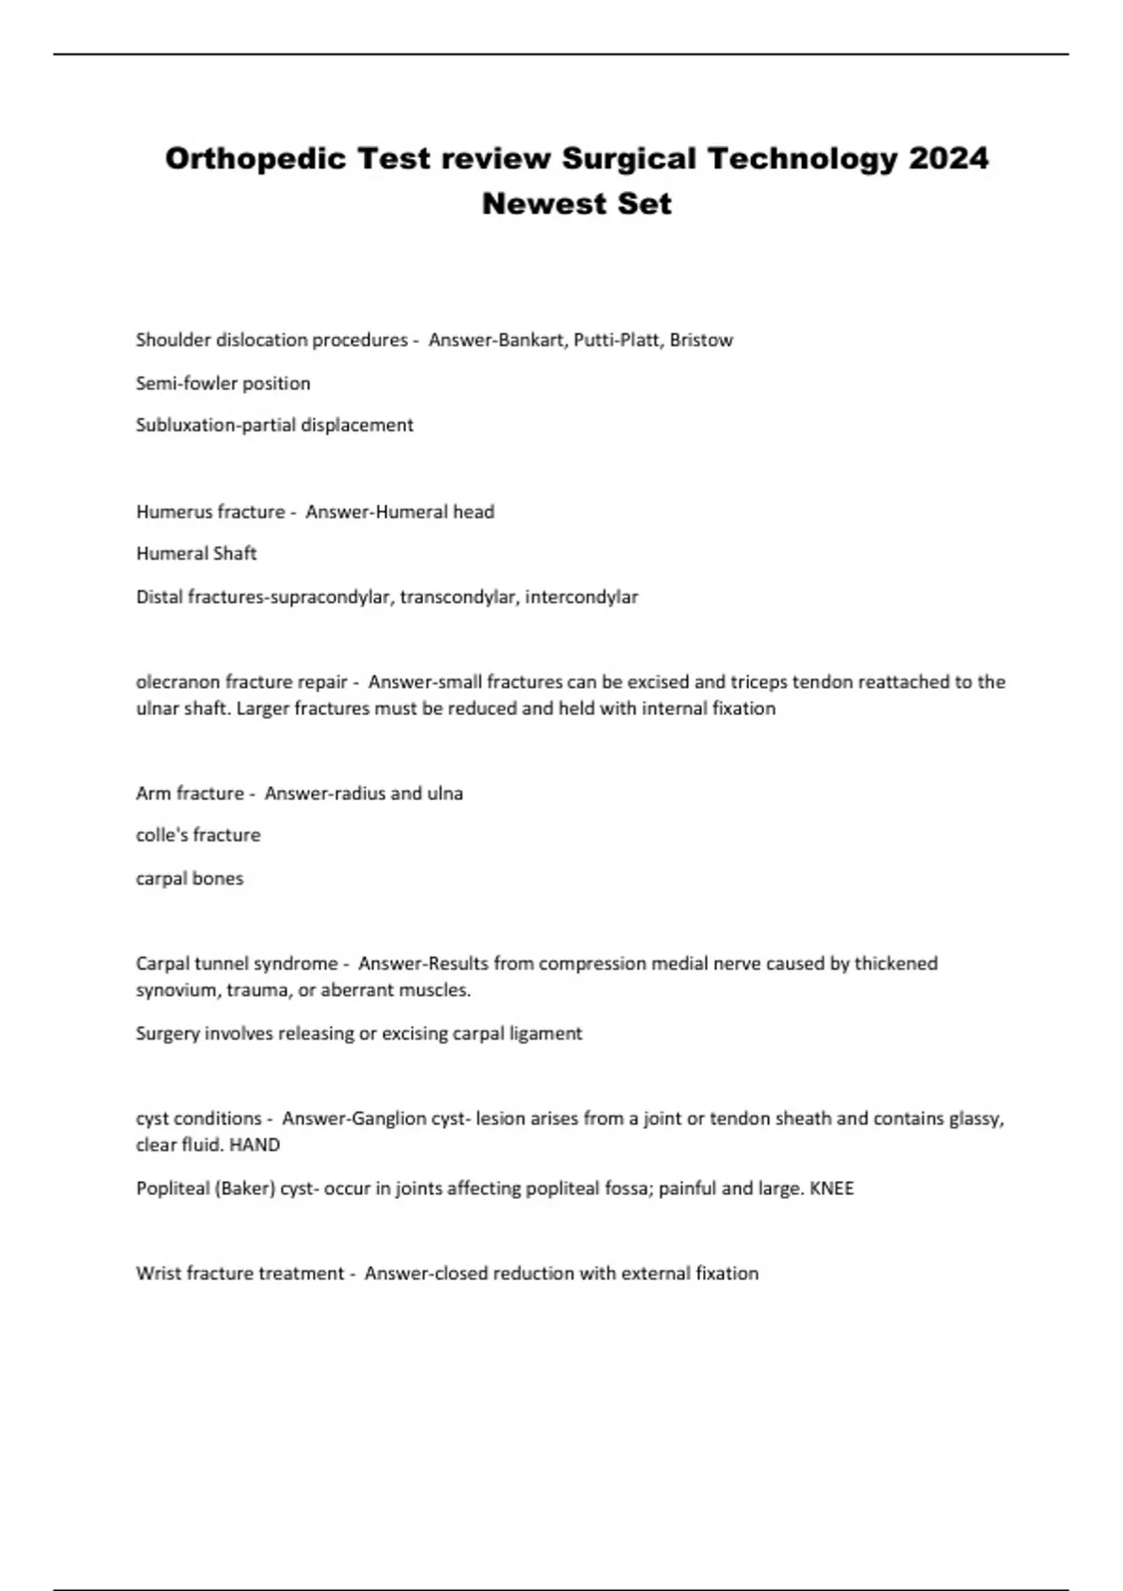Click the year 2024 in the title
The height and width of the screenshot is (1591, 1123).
(948, 158)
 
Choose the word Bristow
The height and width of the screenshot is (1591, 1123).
(701, 340)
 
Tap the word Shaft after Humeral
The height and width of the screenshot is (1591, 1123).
(234, 553)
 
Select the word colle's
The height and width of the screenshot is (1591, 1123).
(160, 835)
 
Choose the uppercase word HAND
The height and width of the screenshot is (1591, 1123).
(255, 1145)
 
